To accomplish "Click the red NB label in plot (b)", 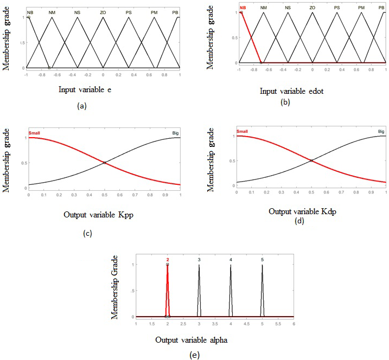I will [243, 8].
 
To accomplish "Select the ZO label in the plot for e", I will [103, 11].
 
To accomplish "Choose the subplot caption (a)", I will [81, 106].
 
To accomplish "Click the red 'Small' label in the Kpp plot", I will [35, 133].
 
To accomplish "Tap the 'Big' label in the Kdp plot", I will [381, 131].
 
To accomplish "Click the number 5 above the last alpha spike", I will [262, 260].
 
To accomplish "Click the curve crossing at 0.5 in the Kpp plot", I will [104, 163].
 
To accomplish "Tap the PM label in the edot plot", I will [361, 8].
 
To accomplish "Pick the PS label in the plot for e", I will [129, 11].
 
